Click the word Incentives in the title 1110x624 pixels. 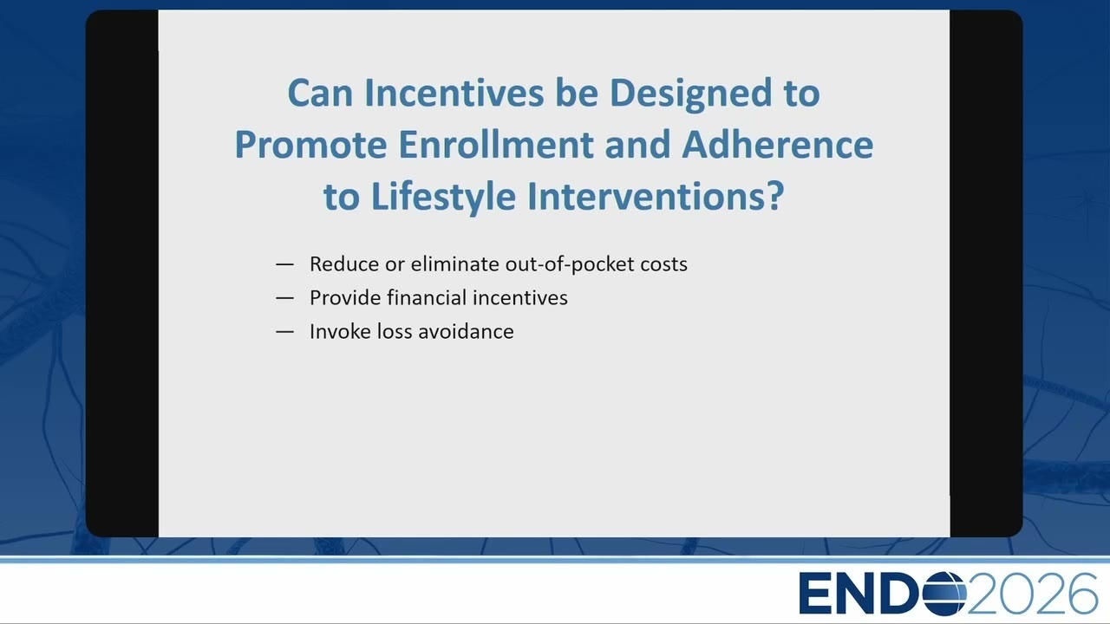pos(454,93)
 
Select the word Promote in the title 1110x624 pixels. pos(310,145)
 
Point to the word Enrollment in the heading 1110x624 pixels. pos(495,144)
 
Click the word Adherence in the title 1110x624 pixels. pos(778,144)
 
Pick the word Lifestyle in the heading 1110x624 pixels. pos(443,197)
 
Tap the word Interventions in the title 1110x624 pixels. pos(643,196)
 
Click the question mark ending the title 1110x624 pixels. pos(774,196)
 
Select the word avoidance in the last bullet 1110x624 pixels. pos(466,331)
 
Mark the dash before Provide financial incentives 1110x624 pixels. pos(285,298)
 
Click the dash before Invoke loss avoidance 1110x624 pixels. pos(285,332)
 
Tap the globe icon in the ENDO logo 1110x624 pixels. pos(944,594)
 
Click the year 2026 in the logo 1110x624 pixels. pos(1032,594)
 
